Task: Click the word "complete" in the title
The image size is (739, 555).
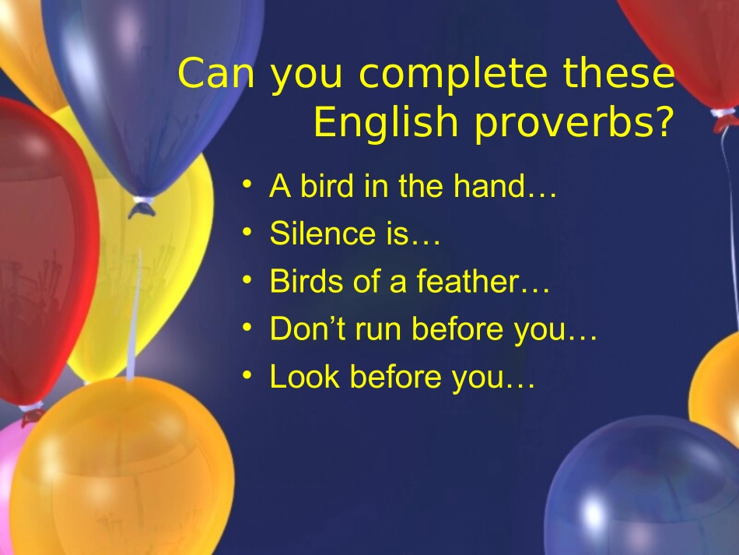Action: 451,76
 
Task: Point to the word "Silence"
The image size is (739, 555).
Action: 314,234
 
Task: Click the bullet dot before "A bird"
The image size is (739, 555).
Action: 247,185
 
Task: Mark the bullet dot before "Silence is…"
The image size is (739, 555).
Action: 247,233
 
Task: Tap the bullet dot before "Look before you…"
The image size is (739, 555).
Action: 247,376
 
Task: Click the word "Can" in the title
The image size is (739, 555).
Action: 211,74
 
